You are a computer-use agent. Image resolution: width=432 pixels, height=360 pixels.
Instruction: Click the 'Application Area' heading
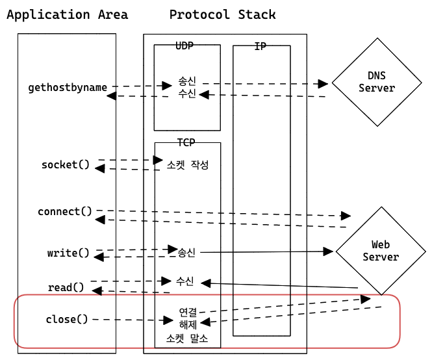point(67,14)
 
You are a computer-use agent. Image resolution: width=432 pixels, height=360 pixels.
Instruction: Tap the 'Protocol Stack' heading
point(222,14)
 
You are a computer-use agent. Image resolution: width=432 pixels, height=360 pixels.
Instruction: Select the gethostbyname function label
point(68,87)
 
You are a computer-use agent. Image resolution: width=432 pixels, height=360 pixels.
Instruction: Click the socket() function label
point(66,164)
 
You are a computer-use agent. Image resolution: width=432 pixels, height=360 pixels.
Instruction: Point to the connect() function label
point(65,212)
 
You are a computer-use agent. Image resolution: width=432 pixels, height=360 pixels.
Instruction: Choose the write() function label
point(68,253)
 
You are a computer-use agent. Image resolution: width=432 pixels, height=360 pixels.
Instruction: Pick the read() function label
point(66,287)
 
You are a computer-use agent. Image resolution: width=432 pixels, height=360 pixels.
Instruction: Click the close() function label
point(66,319)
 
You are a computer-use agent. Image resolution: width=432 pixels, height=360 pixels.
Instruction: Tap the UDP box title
point(184,46)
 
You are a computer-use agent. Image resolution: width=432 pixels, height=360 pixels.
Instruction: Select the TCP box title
point(186,142)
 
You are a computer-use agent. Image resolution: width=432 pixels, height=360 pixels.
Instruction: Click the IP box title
point(260,47)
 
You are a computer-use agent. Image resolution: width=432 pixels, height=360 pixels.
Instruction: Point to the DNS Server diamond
point(377,82)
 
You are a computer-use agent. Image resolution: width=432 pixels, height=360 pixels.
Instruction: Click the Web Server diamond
point(381,251)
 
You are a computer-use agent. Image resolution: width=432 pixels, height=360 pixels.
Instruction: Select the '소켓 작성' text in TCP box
point(188,165)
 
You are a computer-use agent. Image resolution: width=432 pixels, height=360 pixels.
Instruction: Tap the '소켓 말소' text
point(188,339)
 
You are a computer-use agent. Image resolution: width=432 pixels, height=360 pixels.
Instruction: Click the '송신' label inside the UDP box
point(187,83)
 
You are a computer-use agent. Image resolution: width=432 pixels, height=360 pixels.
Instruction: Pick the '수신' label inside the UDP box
point(187,95)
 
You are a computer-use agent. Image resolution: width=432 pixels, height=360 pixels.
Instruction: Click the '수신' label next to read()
point(184,281)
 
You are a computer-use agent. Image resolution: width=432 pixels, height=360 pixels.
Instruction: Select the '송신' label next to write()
point(186,251)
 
